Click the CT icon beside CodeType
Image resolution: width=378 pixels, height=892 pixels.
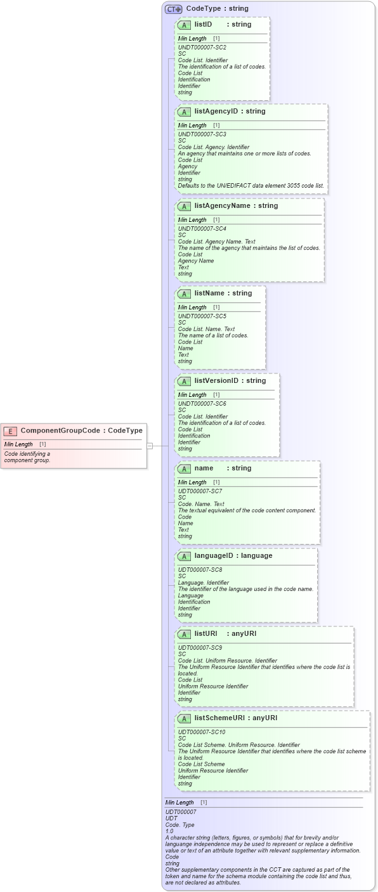(x=173, y=10)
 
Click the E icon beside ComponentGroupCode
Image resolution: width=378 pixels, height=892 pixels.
(x=10, y=431)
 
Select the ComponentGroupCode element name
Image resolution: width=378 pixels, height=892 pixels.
(x=60, y=430)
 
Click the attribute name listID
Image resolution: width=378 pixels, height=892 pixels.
(x=203, y=24)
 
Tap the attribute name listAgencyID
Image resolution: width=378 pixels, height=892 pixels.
(x=216, y=112)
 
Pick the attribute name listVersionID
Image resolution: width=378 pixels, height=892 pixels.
(x=216, y=381)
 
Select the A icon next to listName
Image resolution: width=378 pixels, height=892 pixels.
(x=184, y=294)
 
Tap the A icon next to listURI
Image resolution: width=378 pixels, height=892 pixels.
(x=184, y=634)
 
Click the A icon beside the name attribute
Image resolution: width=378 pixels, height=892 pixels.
(x=184, y=469)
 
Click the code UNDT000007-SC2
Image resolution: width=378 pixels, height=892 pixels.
(x=202, y=48)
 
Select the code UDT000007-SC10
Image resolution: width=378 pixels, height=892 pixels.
(x=202, y=732)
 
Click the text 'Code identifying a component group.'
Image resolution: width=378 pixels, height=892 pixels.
(x=27, y=457)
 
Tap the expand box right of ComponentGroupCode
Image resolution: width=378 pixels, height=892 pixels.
(x=150, y=446)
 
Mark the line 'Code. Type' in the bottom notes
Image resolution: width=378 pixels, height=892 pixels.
(x=179, y=825)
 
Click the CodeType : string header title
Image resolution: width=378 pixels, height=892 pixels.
(x=217, y=9)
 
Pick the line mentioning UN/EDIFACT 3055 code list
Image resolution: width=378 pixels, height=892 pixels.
(x=251, y=186)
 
